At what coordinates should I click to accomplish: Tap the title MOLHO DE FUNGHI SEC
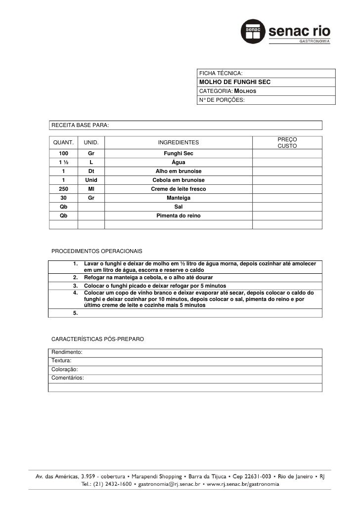(234, 82)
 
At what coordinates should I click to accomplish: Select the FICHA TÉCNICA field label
(221, 73)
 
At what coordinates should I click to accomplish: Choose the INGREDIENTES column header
(178, 143)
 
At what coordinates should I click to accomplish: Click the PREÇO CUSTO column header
(287, 143)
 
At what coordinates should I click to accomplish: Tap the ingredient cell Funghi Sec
(178, 154)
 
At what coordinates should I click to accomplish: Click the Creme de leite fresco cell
(178, 189)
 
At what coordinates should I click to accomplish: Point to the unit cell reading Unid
(91, 180)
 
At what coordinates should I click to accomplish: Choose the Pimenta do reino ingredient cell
(178, 216)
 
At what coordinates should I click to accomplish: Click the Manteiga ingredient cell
(178, 198)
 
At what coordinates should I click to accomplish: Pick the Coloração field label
(65, 369)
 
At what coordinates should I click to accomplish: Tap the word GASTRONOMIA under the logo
(313, 42)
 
